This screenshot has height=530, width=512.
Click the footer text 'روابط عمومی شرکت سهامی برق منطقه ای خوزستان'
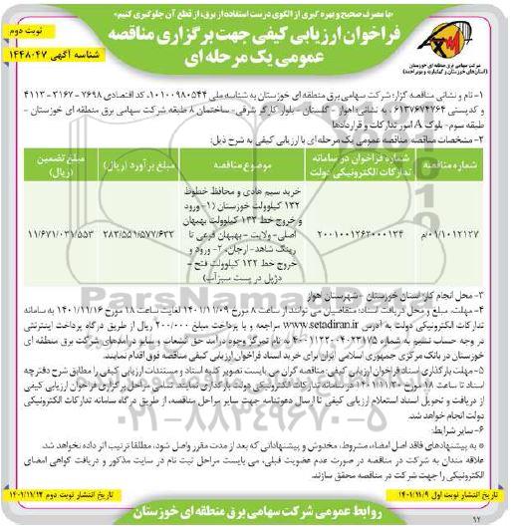256,516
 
